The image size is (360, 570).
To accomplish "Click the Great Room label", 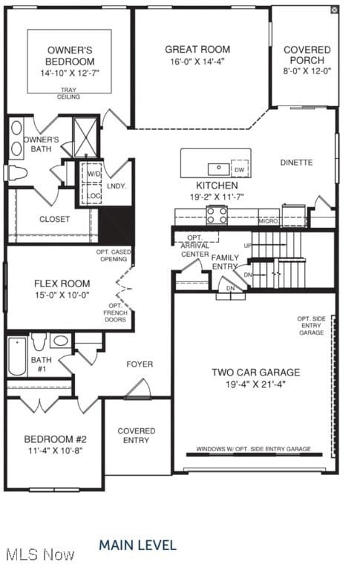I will pyautogui.click(x=197, y=50).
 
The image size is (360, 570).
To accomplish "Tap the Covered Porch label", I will pyautogui.click(x=307, y=55).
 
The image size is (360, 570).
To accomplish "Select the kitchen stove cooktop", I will pyautogui.click(x=217, y=215).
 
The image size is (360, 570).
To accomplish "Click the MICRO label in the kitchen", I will pyautogui.click(x=268, y=221).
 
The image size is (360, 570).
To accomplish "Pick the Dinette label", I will pyautogui.click(x=296, y=163).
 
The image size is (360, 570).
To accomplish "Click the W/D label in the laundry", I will pyautogui.click(x=94, y=174).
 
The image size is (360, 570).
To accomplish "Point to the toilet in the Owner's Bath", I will pyautogui.click(x=16, y=174).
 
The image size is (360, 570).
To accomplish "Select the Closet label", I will pyautogui.click(x=54, y=219).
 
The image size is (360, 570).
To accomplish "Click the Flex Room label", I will pyautogui.click(x=62, y=284).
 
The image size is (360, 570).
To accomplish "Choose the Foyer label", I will pyautogui.click(x=140, y=364).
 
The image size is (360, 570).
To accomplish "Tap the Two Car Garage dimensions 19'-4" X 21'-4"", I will pyautogui.click(x=255, y=384).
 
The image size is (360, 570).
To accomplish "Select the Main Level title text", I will pyautogui.click(x=137, y=546).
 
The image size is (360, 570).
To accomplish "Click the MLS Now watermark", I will pyautogui.click(x=39, y=554).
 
